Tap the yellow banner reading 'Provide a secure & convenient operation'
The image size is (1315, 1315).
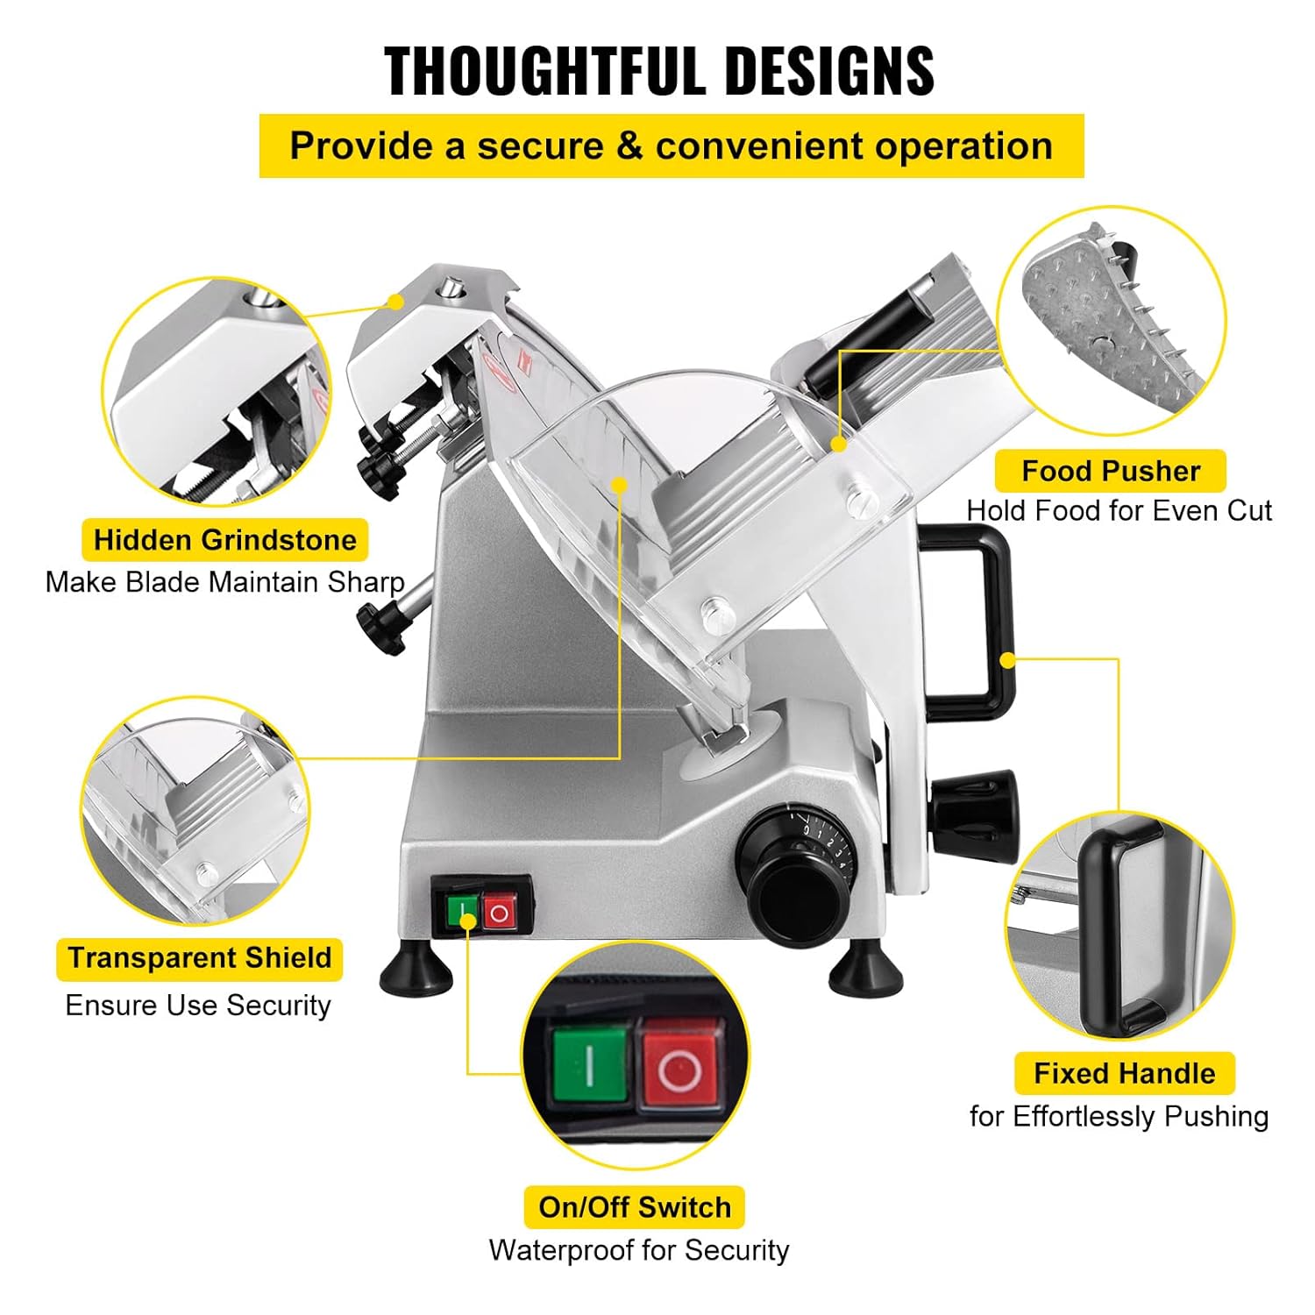(671, 146)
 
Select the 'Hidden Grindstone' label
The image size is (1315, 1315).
(224, 540)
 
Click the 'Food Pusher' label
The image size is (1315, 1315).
(1110, 471)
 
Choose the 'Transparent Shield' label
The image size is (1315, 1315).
(200, 957)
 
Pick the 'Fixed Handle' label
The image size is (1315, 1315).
(1124, 1073)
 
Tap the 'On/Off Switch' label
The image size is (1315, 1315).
(634, 1207)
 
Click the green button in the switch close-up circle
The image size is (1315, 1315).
(590, 1064)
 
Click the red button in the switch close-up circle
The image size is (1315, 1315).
(679, 1069)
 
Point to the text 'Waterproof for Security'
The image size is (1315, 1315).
(638, 1249)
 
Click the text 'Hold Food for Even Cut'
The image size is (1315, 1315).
(1119, 510)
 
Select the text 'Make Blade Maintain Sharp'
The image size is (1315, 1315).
(224, 582)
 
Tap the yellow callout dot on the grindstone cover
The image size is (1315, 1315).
(397, 302)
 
